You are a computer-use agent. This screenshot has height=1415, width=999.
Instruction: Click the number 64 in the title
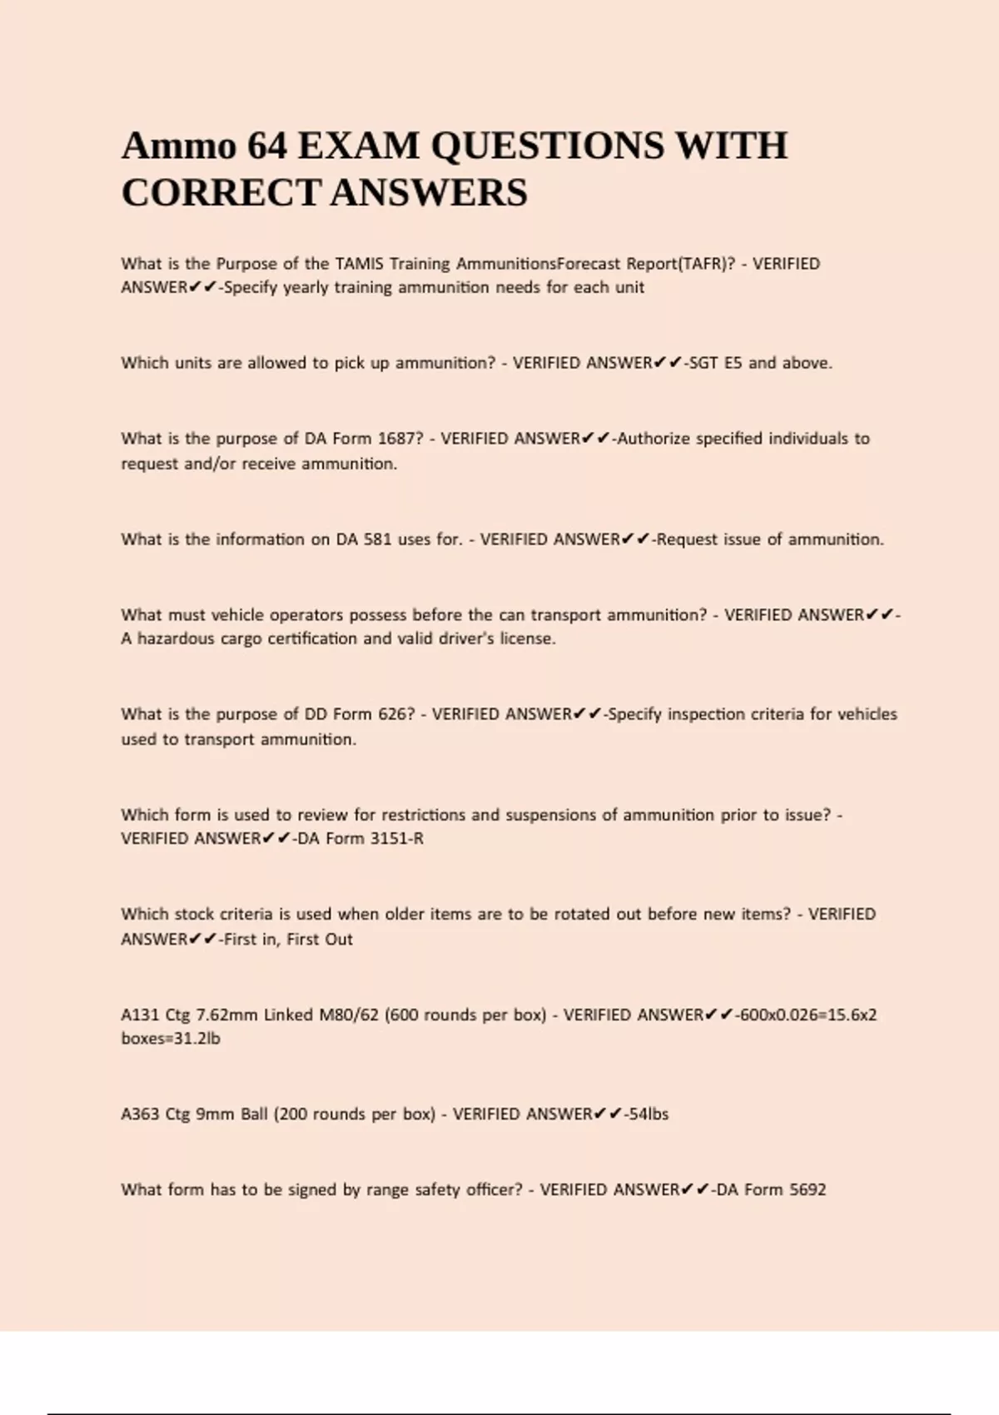coord(267,146)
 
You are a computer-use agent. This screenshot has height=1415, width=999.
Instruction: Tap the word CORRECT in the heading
coord(220,193)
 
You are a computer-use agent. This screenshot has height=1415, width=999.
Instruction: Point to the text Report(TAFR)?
coord(680,264)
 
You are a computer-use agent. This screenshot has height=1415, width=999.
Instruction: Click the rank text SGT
coord(703,363)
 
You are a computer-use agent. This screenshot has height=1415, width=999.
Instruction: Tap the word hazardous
coord(176,639)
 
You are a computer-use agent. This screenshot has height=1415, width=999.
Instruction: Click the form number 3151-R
coord(396,839)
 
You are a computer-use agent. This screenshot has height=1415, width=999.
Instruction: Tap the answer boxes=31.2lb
coord(171,1039)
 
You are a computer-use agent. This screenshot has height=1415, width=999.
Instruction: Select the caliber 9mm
coord(215,1115)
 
